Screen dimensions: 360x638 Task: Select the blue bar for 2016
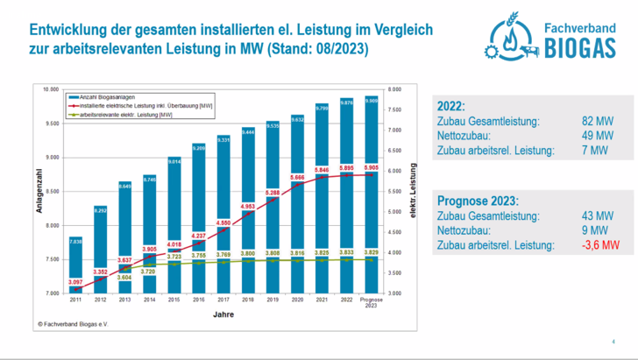point(199,219)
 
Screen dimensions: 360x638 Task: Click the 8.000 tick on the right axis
point(394,89)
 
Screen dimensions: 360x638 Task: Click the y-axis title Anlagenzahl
point(39,191)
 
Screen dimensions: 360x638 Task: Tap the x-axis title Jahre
point(223,314)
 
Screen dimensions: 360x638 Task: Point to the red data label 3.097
point(75,282)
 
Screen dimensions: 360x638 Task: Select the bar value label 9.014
point(174,161)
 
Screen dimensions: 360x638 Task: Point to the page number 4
point(613,341)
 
